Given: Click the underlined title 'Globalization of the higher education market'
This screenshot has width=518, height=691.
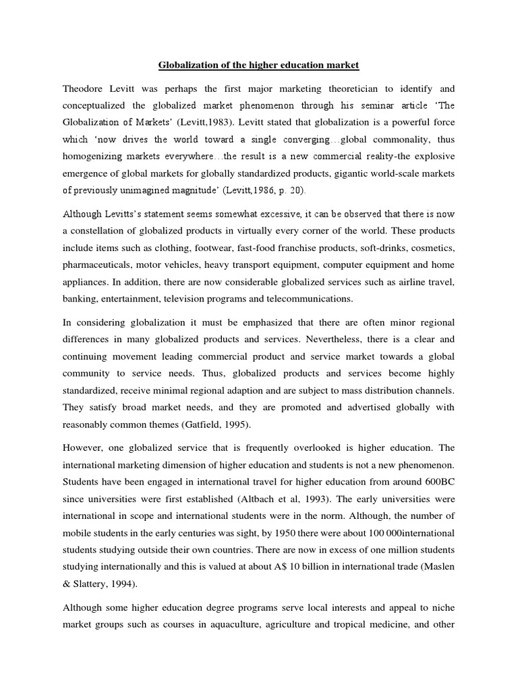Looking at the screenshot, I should (x=259, y=65).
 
